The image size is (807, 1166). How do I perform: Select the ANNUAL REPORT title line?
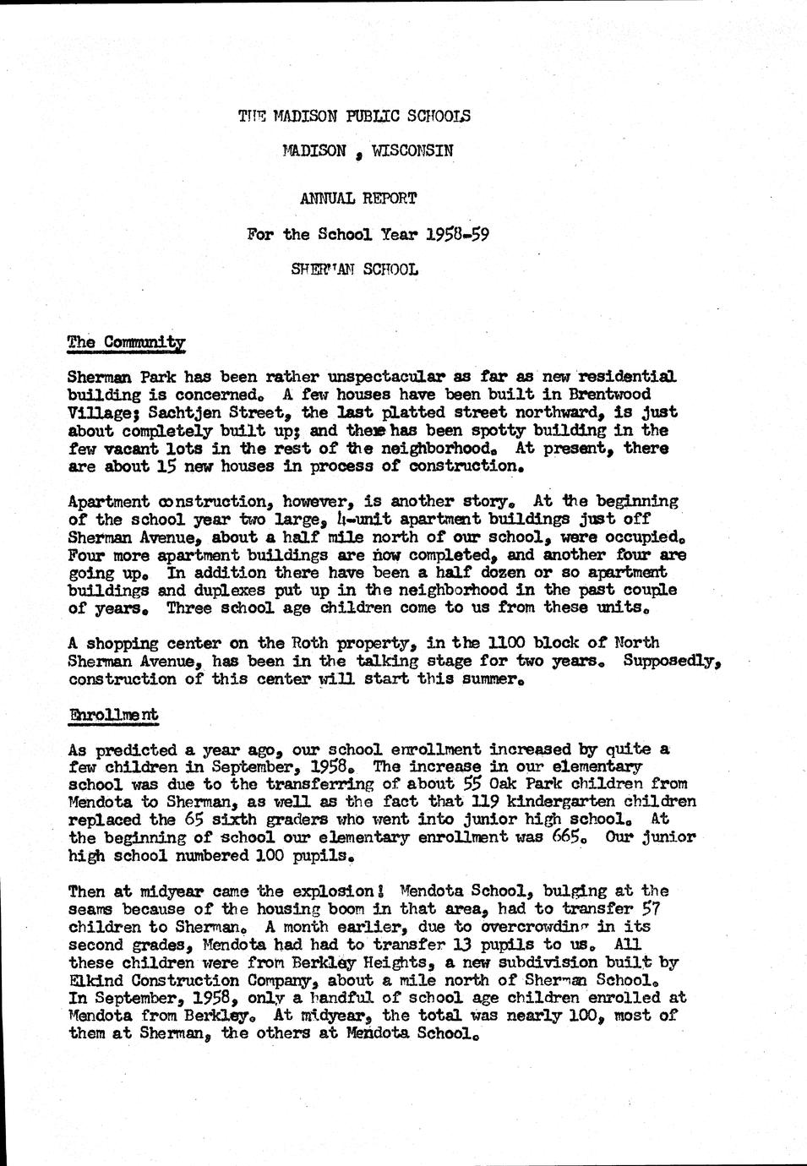click(358, 199)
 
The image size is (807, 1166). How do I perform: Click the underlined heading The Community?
click(126, 342)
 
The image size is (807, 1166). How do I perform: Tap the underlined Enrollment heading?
click(112, 715)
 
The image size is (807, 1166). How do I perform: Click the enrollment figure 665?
click(580, 837)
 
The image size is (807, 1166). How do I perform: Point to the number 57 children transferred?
click(649, 908)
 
